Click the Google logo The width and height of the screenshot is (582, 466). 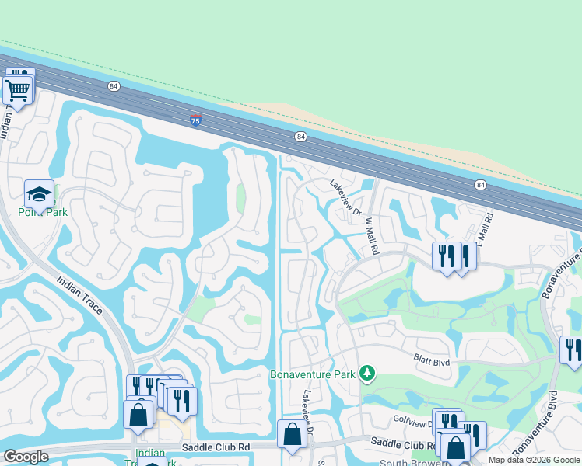tap(26, 457)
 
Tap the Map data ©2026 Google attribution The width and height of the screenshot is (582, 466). tap(534, 460)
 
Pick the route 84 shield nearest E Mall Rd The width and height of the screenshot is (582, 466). tap(480, 184)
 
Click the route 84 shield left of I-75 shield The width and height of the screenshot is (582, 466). tap(114, 85)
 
